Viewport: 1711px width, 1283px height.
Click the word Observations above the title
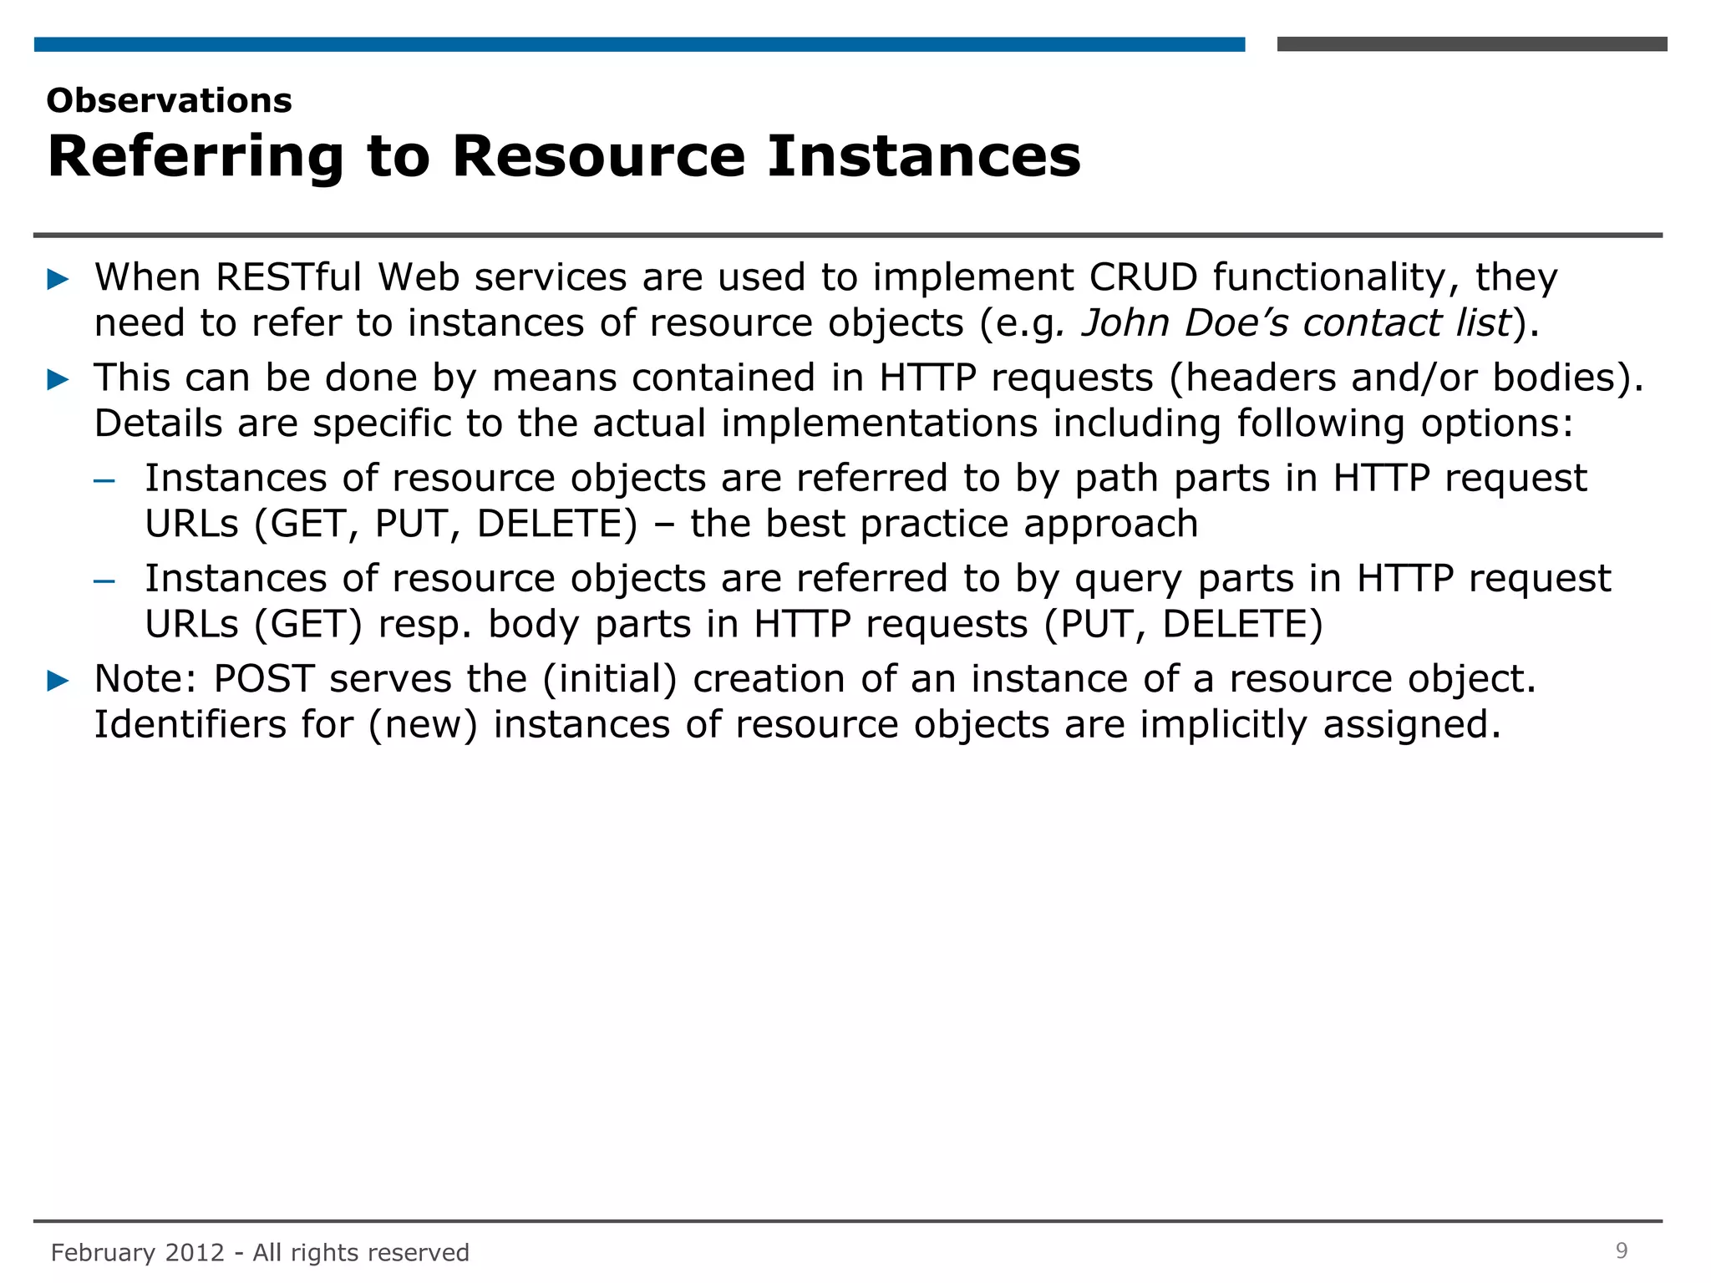click(170, 101)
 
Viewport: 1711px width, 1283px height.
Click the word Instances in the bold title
click(923, 156)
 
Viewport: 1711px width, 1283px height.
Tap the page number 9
click(1621, 1250)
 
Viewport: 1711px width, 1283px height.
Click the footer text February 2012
click(138, 1252)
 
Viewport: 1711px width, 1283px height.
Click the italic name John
click(1125, 323)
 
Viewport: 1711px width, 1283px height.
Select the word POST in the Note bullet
click(264, 679)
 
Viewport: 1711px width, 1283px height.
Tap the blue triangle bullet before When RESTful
click(58, 279)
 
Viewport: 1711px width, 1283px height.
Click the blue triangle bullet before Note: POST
click(58, 680)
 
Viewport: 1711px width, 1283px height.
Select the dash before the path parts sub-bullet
click(104, 480)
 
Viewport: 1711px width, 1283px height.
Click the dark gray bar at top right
click(1471, 44)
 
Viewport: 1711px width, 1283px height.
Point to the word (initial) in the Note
click(610, 679)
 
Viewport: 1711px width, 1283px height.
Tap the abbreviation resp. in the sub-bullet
click(424, 625)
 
